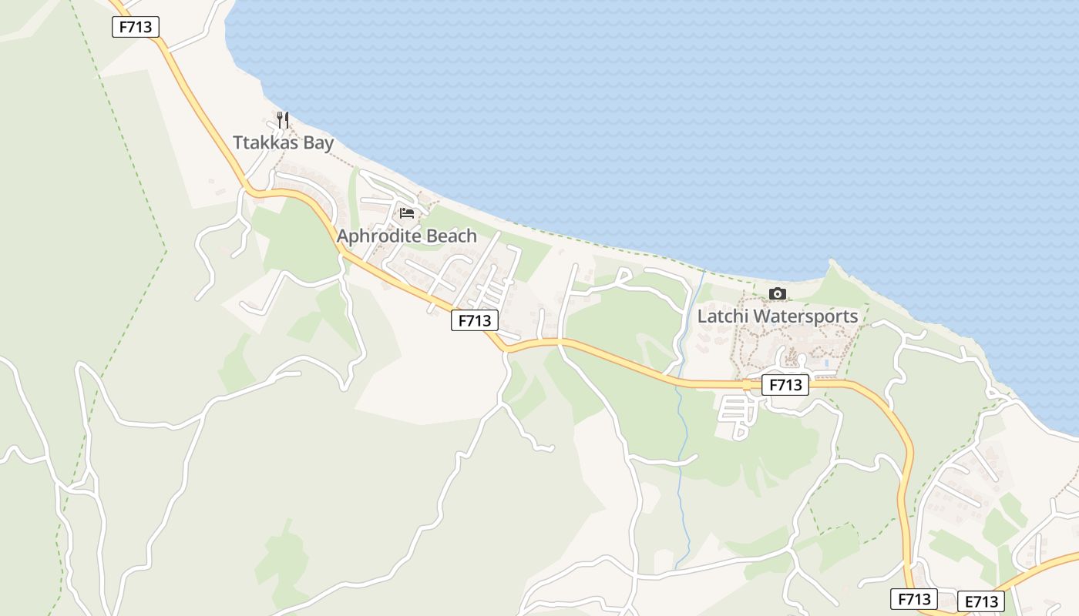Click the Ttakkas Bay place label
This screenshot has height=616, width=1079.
click(x=284, y=142)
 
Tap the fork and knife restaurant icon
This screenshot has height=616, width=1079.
click(x=283, y=119)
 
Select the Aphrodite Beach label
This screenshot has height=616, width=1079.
click(x=407, y=236)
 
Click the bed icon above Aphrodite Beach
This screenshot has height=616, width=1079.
click(x=407, y=213)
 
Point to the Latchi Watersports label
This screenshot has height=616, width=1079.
click(x=778, y=316)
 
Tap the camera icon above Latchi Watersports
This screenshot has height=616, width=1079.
click(x=778, y=293)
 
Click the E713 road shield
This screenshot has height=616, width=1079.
click(x=981, y=601)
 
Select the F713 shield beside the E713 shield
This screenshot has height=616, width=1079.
click(x=914, y=599)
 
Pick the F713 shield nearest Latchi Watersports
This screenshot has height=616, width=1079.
click(x=785, y=385)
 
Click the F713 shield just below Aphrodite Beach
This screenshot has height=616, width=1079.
click(x=475, y=320)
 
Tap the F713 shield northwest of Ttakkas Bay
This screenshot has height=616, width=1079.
click(x=136, y=27)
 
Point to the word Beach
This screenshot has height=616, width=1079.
click(x=452, y=236)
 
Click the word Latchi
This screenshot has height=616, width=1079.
click(x=722, y=316)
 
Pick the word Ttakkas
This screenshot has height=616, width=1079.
click(x=265, y=142)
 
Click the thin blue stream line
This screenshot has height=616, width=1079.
click(x=681, y=462)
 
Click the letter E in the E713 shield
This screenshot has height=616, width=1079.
click(x=967, y=601)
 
